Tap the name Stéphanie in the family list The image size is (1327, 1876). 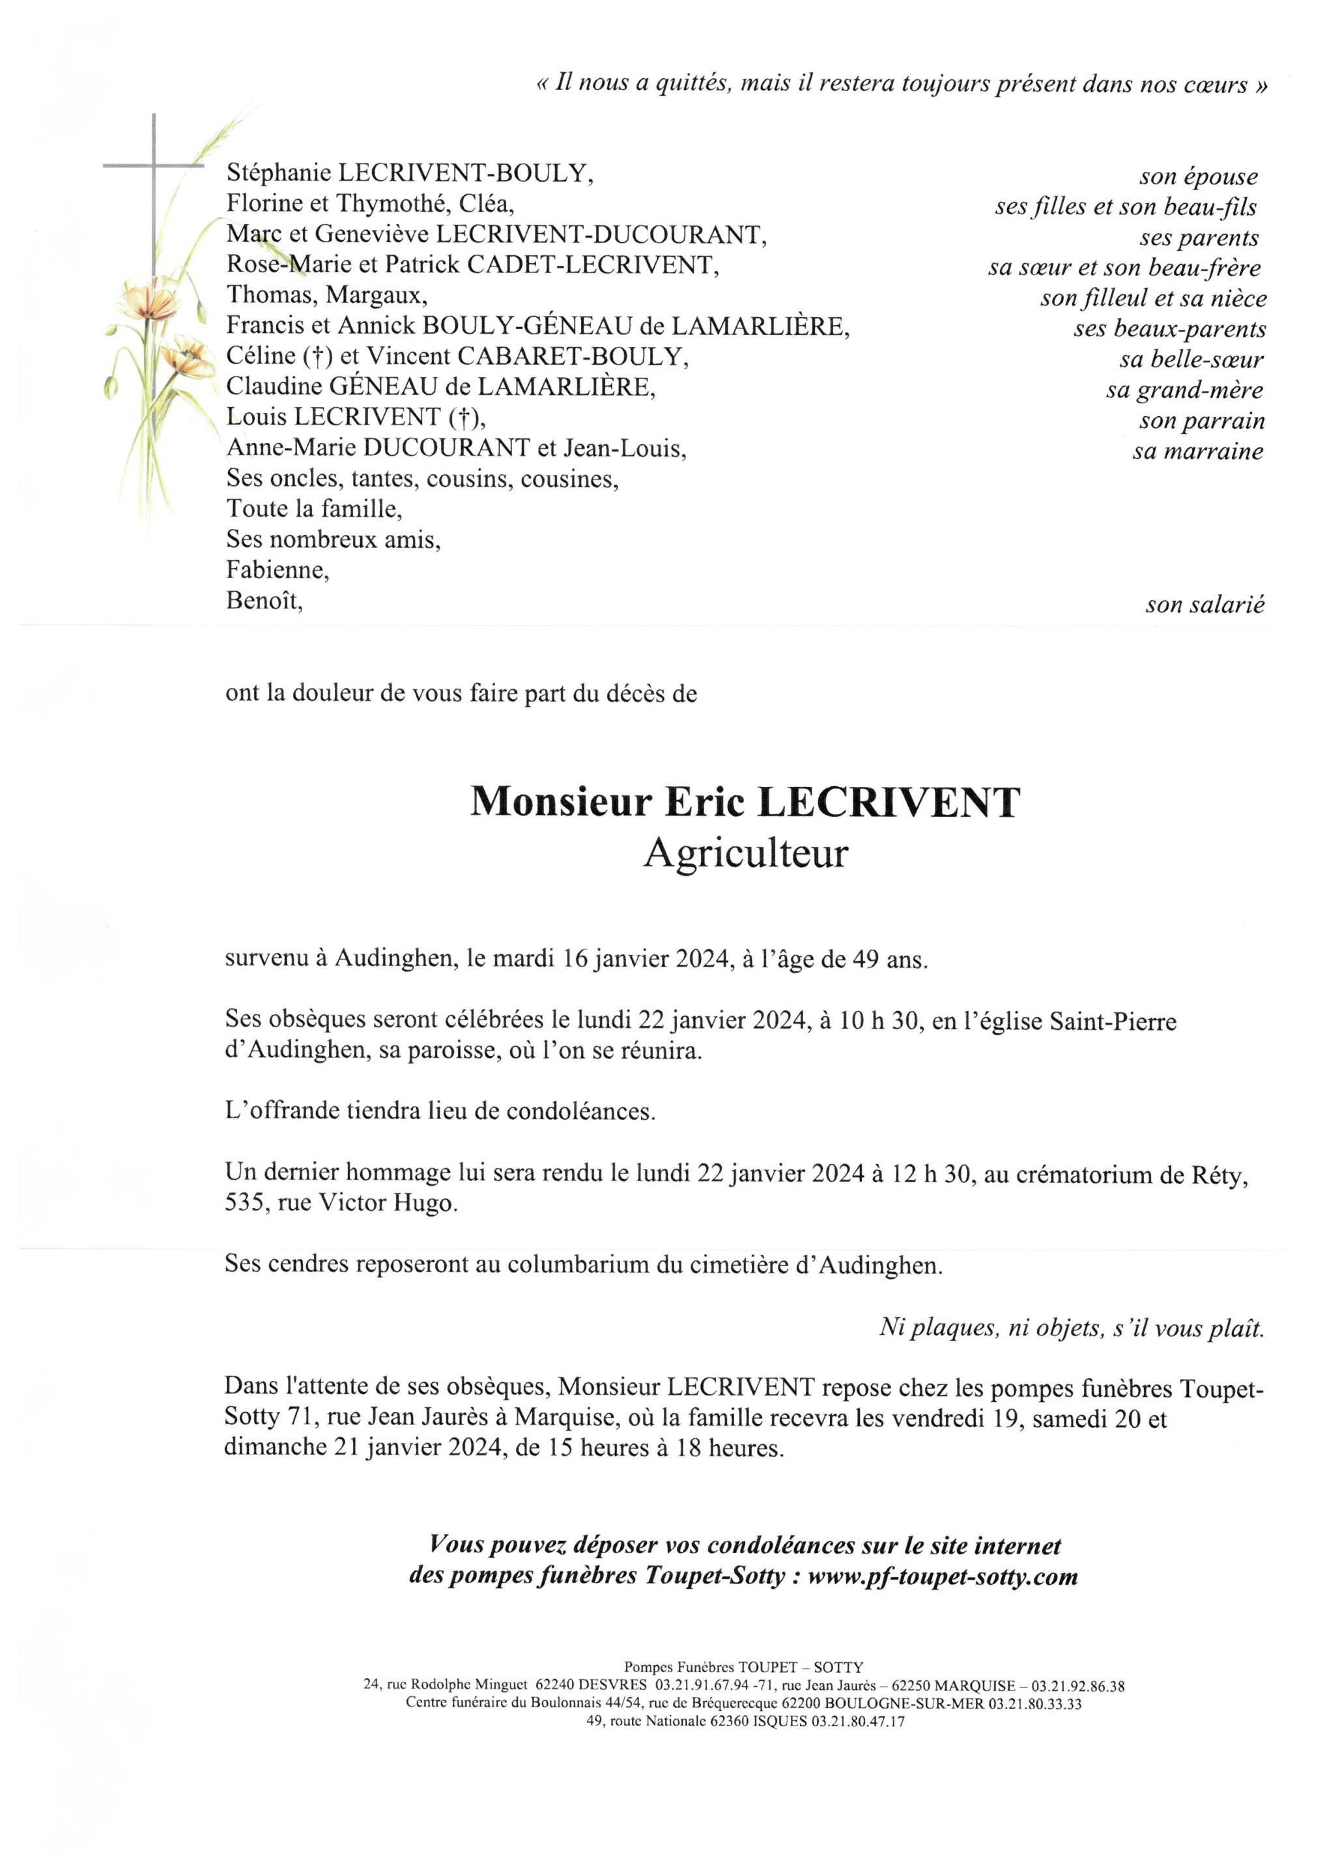pos(279,173)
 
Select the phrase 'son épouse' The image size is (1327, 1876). pos(1198,177)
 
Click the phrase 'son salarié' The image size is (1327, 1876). pos(1205,604)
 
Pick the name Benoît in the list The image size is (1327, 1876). pos(264,601)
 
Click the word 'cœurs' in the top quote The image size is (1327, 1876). pos(1217,85)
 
